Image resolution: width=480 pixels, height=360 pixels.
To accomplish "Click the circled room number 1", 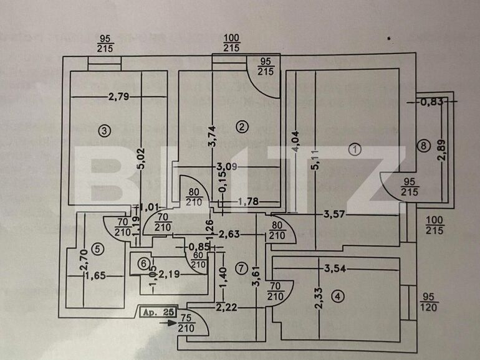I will pos(355,149).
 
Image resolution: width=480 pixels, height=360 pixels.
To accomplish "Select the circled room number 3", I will pos(104,130).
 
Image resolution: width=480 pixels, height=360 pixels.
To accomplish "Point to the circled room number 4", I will pos(337,296).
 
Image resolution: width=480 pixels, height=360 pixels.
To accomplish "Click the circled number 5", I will pos(95,249).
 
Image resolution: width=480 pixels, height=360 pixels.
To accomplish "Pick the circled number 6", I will pos(145,264).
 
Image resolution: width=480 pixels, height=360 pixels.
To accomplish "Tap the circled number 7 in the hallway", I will pos(241,268).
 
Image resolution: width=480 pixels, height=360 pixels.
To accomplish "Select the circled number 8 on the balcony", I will pos(425,146).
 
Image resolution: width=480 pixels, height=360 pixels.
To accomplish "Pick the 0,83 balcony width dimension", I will pos(432,102).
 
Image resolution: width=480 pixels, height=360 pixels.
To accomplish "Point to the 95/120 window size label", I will pos(429,302).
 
